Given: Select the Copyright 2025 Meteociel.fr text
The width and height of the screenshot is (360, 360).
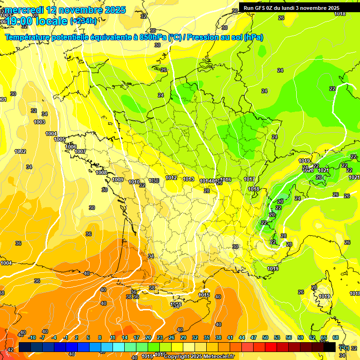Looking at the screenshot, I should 199,356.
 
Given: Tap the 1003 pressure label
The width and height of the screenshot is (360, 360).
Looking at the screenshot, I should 39,122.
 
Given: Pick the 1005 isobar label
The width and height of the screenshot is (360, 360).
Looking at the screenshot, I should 60,139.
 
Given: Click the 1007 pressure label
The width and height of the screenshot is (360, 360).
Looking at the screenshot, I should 80,151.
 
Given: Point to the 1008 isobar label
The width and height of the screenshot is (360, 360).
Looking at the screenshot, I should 101,172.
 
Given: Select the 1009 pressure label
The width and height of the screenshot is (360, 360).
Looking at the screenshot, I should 118,180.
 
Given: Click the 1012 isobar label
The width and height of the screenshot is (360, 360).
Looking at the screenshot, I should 171,178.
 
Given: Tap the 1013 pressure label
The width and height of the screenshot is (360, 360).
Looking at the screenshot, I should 188,180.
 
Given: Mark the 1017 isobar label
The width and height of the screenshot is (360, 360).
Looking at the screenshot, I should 249,180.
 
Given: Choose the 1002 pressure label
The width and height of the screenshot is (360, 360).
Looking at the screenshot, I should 20,151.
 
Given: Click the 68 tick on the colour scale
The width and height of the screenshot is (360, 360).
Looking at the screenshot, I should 335,337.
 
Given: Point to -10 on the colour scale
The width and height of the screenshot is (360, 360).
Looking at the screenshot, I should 32,337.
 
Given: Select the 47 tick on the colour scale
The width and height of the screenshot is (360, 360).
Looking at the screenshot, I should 254,337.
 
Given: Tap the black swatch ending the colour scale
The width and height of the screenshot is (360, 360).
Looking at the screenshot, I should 330,347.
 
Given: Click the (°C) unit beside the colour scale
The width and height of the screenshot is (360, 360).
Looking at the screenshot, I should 344,347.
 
